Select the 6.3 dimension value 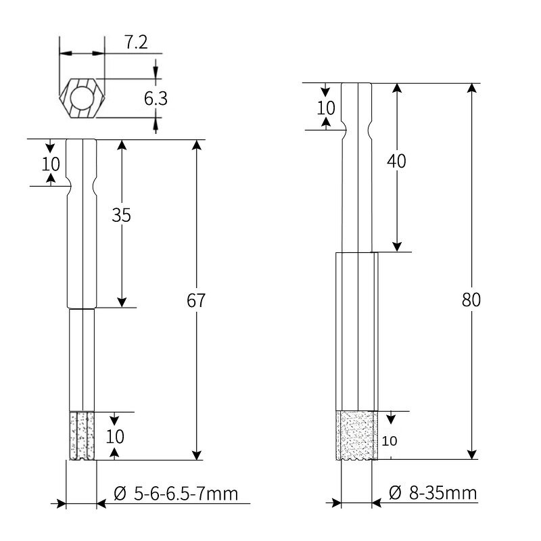[x=156, y=99]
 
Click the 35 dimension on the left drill [x=122, y=215]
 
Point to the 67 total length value [x=196, y=301]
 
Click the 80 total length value [x=471, y=300]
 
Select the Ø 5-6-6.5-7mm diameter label [x=176, y=494]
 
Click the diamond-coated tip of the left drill [x=81, y=436]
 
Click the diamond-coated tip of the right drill [x=356, y=435]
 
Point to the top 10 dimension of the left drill [x=51, y=164]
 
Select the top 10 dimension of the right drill [x=326, y=108]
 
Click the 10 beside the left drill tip [x=117, y=436]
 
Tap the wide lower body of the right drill [x=356, y=331]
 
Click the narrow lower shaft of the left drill [x=81, y=358]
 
